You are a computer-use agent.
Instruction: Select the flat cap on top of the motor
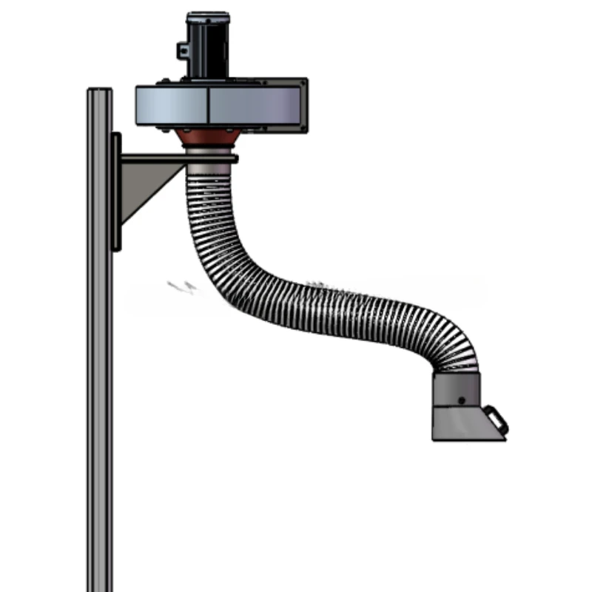[208, 16]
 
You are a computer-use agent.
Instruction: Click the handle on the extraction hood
[499, 419]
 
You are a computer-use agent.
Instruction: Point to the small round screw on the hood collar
[462, 400]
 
